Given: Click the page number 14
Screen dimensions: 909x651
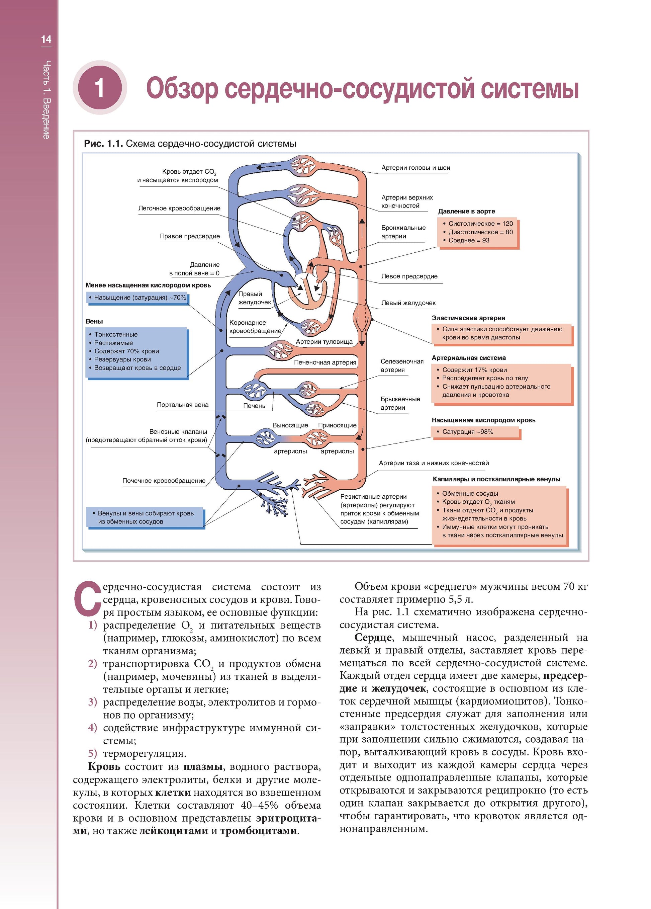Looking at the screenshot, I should (x=46, y=39).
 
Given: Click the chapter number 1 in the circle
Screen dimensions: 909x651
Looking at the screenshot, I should (x=100, y=88).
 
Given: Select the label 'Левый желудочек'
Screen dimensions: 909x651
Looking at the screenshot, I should (x=408, y=303).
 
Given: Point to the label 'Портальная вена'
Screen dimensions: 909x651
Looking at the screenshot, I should (x=182, y=405).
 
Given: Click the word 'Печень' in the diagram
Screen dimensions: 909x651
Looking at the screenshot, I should (x=254, y=406).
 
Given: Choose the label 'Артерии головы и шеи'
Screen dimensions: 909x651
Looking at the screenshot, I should (x=415, y=168).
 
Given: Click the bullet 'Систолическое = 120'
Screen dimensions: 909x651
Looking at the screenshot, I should (x=480, y=224).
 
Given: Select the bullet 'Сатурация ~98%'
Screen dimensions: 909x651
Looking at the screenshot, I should (x=467, y=432).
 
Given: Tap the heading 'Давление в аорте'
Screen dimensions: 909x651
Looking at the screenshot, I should (x=466, y=211).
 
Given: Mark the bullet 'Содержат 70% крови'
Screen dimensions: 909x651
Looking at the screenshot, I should (x=126, y=351).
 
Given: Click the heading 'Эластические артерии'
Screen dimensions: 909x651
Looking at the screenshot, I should (x=468, y=318).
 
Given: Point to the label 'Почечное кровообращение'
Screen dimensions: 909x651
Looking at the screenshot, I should (x=164, y=481).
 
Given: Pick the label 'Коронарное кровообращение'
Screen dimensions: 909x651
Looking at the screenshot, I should (x=255, y=327).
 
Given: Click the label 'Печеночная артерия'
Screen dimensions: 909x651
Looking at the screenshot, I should (x=325, y=362).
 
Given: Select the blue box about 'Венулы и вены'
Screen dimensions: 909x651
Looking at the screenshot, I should (x=146, y=517).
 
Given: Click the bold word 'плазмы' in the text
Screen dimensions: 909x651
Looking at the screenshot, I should (x=203, y=766).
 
